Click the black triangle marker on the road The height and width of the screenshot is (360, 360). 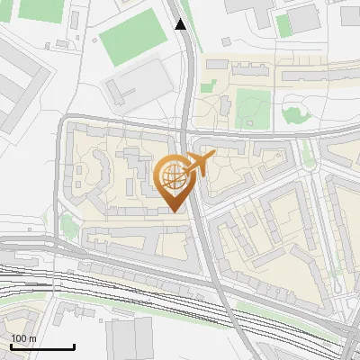181,24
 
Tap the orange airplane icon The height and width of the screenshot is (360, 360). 200,164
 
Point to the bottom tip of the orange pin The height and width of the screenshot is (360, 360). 174,211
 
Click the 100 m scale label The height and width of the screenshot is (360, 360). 23,338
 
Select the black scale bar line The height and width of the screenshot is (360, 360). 42,346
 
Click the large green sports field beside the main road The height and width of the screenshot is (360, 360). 134,33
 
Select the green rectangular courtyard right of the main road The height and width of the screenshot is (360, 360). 252,109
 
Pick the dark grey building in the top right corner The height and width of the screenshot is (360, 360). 302,16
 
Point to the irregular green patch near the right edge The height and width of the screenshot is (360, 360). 295,112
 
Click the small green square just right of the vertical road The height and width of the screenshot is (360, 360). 208,88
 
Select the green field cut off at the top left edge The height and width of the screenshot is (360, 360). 35,9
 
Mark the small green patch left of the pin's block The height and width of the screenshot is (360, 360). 68,225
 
